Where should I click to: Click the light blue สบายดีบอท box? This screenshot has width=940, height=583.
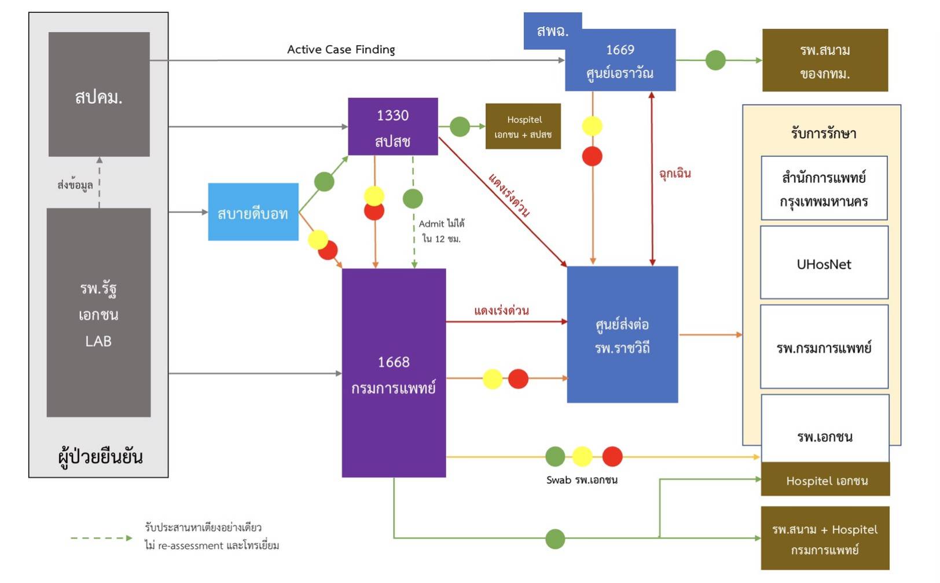coord(253,212)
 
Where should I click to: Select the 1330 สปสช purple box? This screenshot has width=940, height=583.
coord(392,127)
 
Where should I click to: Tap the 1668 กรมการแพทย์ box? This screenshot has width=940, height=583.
coord(394,373)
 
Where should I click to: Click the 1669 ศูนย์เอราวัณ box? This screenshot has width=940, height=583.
coord(620,61)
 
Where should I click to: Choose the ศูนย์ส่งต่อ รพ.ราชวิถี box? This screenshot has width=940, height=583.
coord(622,335)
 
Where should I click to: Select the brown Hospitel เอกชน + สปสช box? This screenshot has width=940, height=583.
coord(523,126)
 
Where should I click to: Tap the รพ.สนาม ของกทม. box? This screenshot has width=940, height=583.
coord(825,60)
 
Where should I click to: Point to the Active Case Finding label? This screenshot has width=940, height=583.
coord(341,50)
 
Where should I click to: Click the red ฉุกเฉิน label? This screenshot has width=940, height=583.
coord(675,174)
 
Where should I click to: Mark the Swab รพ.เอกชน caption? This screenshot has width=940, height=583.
coord(582,480)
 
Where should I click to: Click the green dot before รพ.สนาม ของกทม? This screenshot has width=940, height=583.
coord(715,60)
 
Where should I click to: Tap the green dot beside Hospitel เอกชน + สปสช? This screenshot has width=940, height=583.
coord(460,126)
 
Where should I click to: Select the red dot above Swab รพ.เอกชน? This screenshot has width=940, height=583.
coord(612,456)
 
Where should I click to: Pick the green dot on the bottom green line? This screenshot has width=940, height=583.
coord(555,539)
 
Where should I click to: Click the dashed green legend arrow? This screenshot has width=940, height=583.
coord(101,538)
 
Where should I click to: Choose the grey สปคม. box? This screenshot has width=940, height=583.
coord(99,94)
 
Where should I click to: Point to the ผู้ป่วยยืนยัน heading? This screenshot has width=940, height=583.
coord(100,457)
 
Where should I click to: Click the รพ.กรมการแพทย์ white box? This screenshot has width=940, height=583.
coord(824,347)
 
